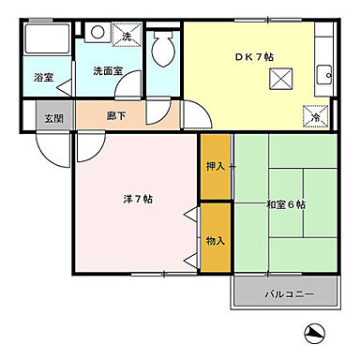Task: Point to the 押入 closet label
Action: [x=215, y=166]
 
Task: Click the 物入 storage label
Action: [x=215, y=240]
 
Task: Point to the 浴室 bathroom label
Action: [x=43, y=78]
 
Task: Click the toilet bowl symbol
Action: [x=164, y=47]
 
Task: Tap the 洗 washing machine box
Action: [x=128, y=37]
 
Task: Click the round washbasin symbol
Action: [x=97, y=33]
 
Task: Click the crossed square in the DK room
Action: [x=279, y=79]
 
